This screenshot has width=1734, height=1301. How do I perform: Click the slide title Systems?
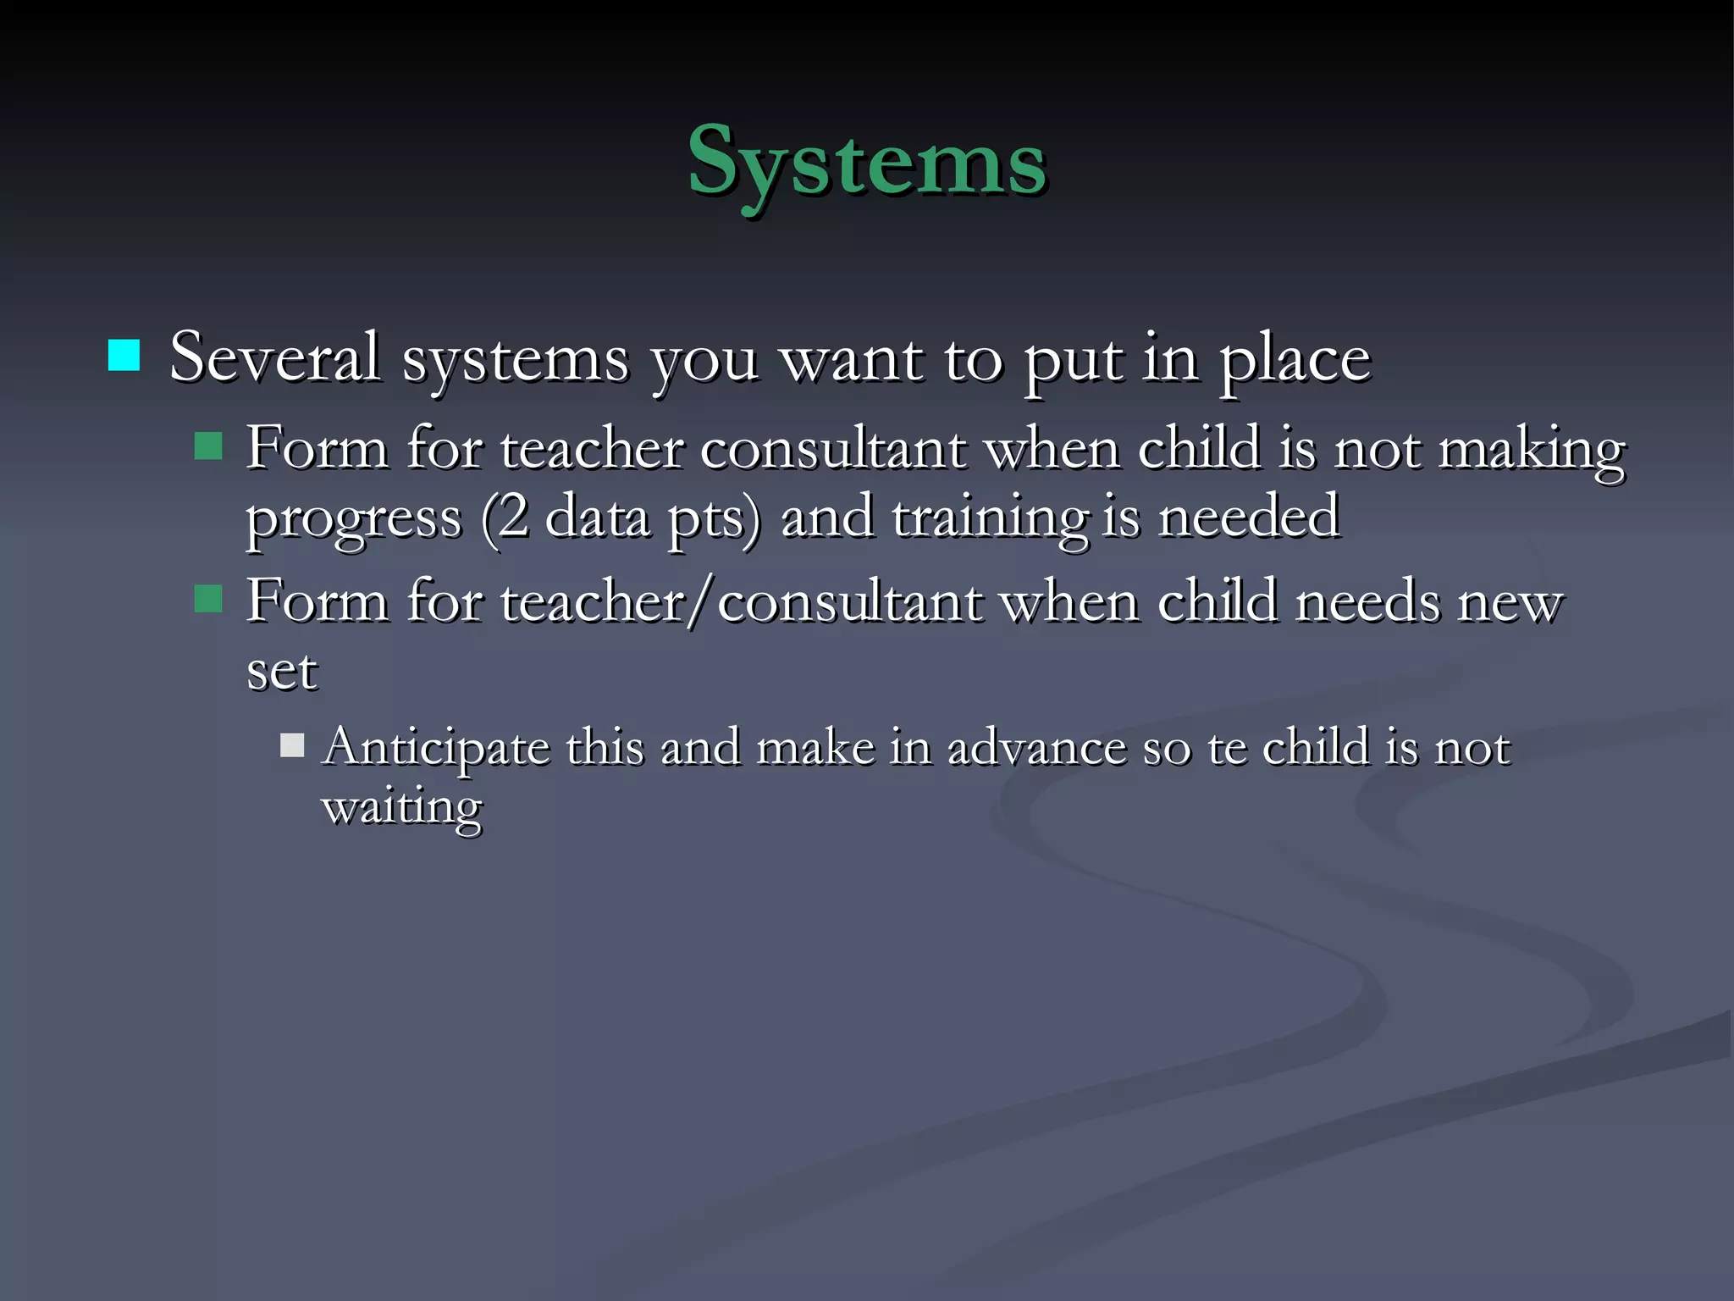pyautogui.click(x=867, y=161)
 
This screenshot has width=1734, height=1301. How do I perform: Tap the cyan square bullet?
pyautogui.click(x=124, y=356)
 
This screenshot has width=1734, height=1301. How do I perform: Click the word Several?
pyautogui.click(x=274, y=357)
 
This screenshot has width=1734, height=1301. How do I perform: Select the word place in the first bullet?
pyautogui.click(x=1295, y=361)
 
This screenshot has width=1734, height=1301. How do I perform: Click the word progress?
pyautogui.click(x=354, y=519)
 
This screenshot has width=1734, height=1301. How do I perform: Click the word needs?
pyautogui.click(x=1367, y=602)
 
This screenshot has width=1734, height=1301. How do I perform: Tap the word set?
pyautogui.click(x=282, y=672)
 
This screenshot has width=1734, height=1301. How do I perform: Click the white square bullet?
pyautogui.click(x=292, y=745)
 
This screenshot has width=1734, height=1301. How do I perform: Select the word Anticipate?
pyautogui.click(x=436, y=748)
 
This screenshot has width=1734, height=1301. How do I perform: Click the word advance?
pyautogui.click(x=1037, y=747)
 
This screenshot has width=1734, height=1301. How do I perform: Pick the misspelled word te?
pyautogui.click(x=1227, y=748)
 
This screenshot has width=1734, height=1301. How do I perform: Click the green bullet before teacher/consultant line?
pyautogui.click(x=208, y=599)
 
